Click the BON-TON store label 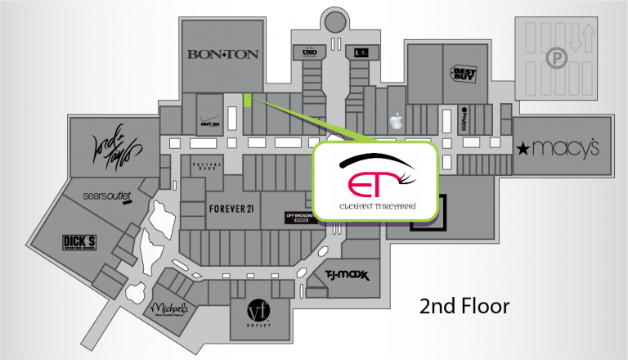coord(222,54)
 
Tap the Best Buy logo coord(462,74)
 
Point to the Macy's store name coord(569,149)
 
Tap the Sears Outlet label coord(108,197)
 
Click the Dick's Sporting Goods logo coord(79,243)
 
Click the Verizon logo coord(212,124)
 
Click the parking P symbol coord(556,59)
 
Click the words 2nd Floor coord(464,307)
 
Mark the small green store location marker coord(246,100)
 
